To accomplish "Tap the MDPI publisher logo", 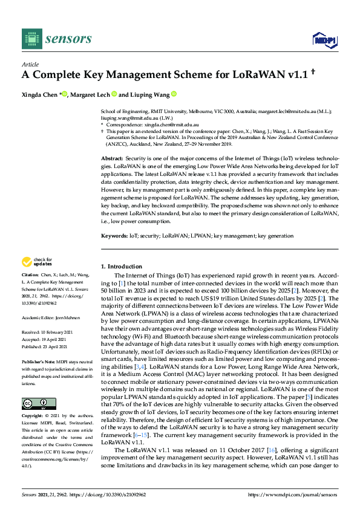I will click(324, 40).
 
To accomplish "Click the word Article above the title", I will click(30, 64).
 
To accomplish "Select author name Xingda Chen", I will click(41, 94).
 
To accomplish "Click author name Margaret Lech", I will click(91, 94).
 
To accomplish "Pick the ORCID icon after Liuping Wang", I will click(174, 94).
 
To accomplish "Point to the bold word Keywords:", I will click(114, 235).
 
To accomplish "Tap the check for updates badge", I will click(36, 262).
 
